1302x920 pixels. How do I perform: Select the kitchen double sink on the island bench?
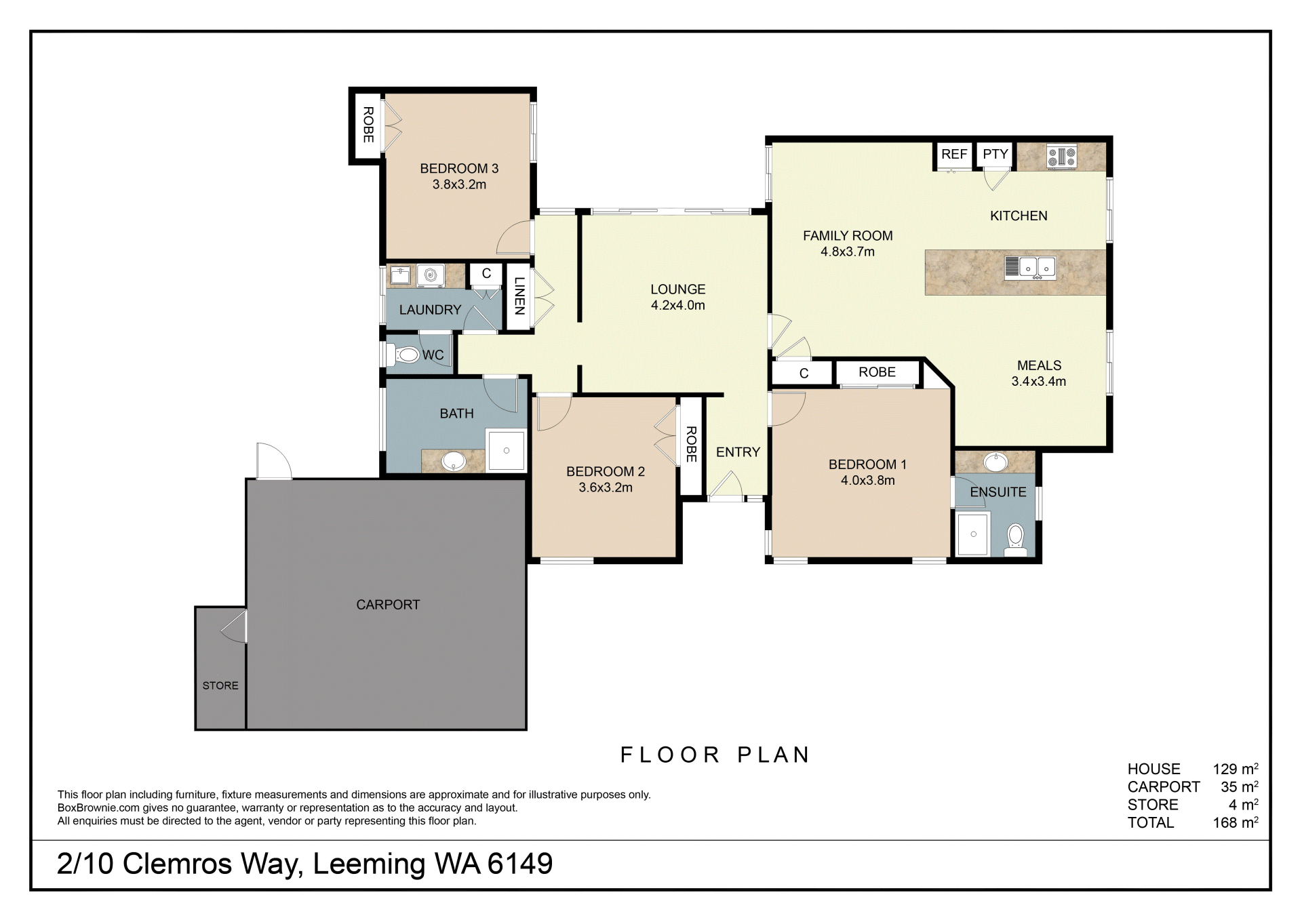coord(1030,268)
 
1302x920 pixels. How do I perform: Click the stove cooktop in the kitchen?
coord(1062,157)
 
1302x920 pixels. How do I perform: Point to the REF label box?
coord(953,155)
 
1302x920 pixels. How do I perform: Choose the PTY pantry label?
coord(995,154)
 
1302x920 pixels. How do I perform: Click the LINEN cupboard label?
coord(519,296)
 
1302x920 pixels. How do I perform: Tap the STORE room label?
coord(220,685)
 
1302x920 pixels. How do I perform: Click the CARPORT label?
coord(388,605)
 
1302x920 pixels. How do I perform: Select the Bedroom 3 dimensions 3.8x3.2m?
coord(459,184)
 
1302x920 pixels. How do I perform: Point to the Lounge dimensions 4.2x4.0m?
coord(678,305)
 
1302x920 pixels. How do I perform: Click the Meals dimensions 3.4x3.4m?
coord(1039,381)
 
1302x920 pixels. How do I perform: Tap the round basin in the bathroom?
coord(453,462)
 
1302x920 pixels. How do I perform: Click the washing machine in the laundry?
coord(430,275)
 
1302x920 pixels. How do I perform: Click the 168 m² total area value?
coord(1236,822)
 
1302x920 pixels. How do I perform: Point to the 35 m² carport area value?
coord(1240,786)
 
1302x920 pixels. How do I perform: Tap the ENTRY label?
coord(738,452)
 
